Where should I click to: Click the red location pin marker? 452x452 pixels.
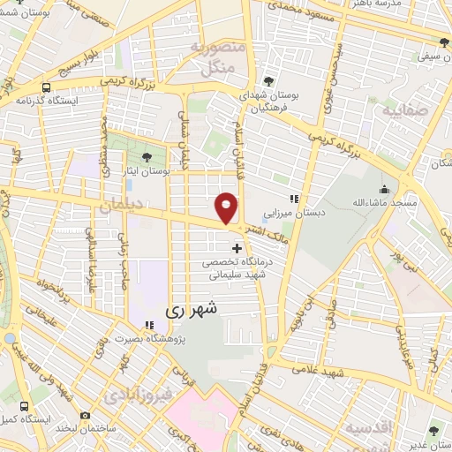click(227, 207)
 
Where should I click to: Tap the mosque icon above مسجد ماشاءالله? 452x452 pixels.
click(385, 189)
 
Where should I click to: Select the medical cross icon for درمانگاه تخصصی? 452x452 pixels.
click(236, 248)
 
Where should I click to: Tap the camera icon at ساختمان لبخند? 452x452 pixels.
click(86, 415)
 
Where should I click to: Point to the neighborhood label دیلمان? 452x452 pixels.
click(119, 206)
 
